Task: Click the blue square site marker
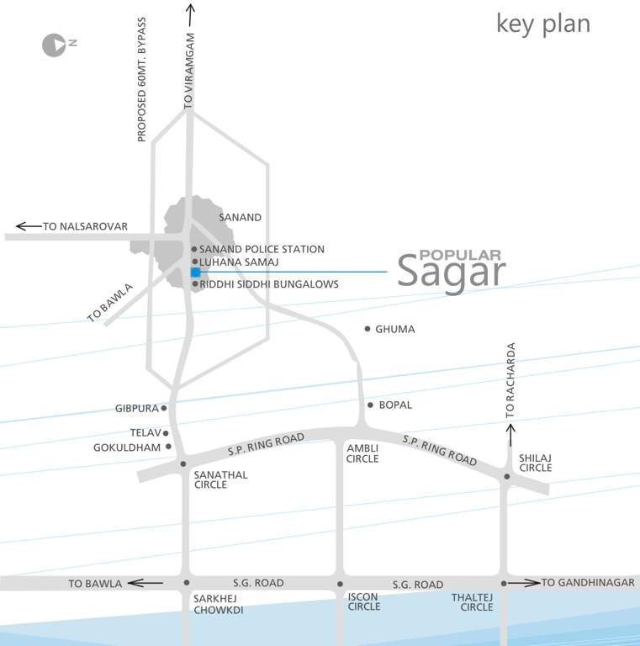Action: (195, 273)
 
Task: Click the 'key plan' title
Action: (542, 24)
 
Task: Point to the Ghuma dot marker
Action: (368, 329)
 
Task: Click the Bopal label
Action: (395, 405)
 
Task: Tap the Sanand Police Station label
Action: (262, 249)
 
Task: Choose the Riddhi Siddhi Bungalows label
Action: (269, 284)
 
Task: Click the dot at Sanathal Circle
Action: (183, 463)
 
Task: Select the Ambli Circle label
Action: (363, 453)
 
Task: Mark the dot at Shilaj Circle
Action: (507, 477)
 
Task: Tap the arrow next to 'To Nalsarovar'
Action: (29, 226)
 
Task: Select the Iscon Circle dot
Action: (340, 584)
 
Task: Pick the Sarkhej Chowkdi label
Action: (218, 605)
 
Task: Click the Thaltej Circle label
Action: (472, 602)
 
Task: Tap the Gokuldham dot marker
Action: (168, 447)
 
